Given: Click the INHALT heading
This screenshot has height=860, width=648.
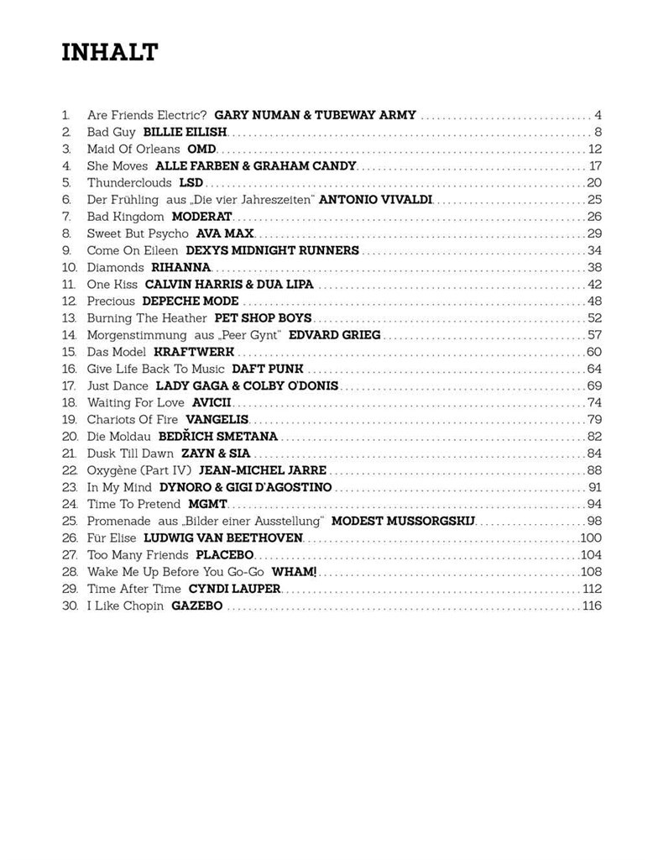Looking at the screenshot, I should [110, 53].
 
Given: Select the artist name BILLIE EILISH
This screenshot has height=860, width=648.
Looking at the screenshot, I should [186, 132].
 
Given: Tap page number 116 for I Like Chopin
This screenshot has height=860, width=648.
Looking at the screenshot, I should [592, 606].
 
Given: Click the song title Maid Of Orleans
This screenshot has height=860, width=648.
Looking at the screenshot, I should [133, 149].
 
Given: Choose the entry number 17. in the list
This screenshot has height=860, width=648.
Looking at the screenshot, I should [69, 385].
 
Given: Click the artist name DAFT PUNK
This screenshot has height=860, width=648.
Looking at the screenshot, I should [267, 369].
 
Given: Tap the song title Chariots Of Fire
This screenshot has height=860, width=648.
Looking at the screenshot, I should [133, 419].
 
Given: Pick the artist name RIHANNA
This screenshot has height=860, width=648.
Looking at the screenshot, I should [180, 267].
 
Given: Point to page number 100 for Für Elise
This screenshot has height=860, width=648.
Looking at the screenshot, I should [592, 537].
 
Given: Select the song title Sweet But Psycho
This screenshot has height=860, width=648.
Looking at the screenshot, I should [138, 233].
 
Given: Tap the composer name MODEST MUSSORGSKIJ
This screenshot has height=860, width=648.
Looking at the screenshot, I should [404, 521].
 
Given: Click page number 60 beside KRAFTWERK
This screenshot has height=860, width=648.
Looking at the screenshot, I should [594, 352].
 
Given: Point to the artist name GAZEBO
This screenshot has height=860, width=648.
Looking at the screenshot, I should [197, 606].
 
